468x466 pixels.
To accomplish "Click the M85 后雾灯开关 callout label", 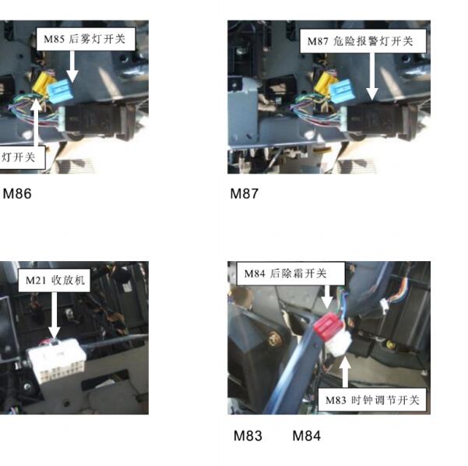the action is coord(86,39).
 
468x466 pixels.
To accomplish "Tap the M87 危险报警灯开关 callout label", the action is coord(363,41).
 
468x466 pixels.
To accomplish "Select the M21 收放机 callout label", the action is coord(54,281).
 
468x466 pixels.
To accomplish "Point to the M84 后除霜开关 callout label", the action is coord(290,274).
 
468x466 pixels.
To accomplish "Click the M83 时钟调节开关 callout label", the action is coord(372,400).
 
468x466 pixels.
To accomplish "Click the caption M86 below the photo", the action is coord(17,193).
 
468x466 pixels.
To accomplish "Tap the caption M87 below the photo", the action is coord(245,193).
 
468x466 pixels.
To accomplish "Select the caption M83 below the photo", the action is coord(248,436).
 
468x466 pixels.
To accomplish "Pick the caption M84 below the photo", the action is coord(307,436).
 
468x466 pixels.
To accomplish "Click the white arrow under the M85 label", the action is coord(72,66).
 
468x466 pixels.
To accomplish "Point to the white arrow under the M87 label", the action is coord(371,76).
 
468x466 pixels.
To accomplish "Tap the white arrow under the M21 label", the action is coord(54,315).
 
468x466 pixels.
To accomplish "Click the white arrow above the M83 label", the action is coord(345,372).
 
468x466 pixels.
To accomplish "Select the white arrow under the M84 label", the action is coord(327,297).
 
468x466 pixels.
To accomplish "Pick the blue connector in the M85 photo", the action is coord(60,92).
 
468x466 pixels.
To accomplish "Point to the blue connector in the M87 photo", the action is coord(343,91).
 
